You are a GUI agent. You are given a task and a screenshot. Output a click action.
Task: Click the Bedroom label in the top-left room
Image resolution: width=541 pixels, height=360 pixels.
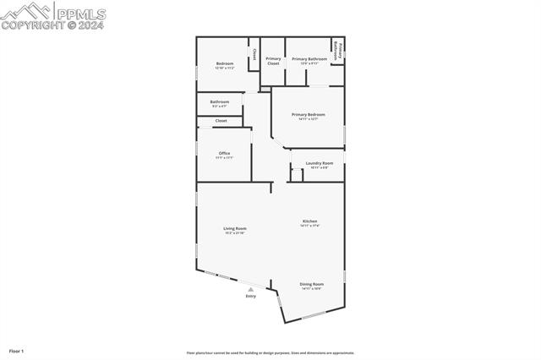coord(224,63)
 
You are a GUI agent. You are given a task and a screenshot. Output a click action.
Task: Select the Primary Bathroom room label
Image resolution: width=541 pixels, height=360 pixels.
coord(309,59)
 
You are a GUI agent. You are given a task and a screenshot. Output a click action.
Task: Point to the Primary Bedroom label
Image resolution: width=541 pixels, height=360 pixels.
coord(309,114)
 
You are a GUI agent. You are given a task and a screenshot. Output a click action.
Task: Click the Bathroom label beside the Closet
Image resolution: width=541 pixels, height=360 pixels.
coord(220,101)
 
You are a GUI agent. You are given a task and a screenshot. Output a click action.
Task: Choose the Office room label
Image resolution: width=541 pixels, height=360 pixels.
coord(224,153)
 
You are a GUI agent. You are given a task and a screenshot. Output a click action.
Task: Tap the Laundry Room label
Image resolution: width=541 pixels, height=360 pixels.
coord(320,162)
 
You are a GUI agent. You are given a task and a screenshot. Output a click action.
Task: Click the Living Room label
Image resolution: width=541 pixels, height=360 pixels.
coord(235,228)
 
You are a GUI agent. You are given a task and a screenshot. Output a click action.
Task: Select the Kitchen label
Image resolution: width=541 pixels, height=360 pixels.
coord(310,221)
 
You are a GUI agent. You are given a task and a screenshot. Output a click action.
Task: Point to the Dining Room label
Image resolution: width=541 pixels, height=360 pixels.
coord(311,284)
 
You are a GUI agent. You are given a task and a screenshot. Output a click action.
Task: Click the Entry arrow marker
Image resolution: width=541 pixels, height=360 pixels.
coord(250,289)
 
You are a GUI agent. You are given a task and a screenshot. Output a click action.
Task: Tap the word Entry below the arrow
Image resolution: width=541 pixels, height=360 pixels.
coord(250,296)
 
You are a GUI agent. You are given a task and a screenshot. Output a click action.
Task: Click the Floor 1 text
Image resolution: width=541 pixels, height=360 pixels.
coord(16,350)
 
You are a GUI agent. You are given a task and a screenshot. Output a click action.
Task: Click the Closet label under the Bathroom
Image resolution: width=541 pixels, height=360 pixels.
coord(221,121)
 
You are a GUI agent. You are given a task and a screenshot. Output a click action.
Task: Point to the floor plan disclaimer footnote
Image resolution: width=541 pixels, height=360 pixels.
coord(270,353)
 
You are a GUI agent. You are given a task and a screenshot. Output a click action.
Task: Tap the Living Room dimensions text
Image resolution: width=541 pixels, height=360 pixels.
coord(235,232)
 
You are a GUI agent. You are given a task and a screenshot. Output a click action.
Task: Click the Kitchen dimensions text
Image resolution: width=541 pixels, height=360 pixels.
coord(310,226)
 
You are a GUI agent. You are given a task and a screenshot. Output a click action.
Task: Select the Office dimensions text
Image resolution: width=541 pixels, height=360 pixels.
coord(224,157)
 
